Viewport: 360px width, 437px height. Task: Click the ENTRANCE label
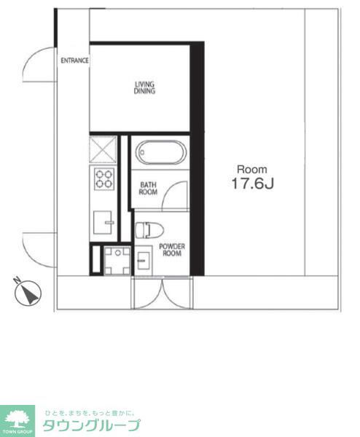(74, 60)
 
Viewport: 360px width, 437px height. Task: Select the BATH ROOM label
(149, 189)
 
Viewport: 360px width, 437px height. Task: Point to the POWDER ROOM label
(172, 250)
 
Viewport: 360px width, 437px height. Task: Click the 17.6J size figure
(252, 184)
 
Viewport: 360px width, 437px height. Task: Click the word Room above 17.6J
(251, 168)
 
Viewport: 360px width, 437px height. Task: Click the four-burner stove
(103, 178)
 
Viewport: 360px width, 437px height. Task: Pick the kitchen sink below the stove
(105, 221)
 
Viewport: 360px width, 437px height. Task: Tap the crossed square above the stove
(103, 150)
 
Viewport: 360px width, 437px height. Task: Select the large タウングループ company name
(91, 425)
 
